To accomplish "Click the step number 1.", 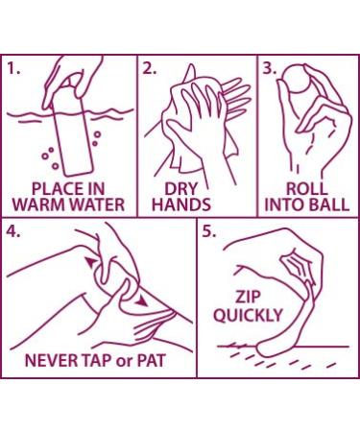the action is [13, 68].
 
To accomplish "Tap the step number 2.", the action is [149, 68].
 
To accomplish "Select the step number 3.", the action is [269, 68].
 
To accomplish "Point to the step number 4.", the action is [13, 231].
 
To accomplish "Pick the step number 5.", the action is [209, 231].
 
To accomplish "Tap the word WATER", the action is [99, 204].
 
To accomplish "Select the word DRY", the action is [181, 188].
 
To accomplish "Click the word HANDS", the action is [181, 204].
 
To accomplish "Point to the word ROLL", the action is [306, 188].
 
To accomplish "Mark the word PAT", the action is [152, 360].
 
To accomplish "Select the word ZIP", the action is [248, 297].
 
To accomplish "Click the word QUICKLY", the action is [248, 316].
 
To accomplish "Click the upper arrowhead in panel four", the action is [91, 262].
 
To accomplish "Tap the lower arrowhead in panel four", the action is [141, 301].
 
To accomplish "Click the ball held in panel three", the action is [297, 79].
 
